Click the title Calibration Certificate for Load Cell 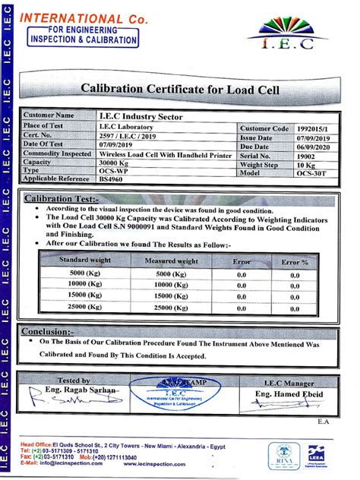tap(180, 90)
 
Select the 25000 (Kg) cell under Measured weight tap(171, 307)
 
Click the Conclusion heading tap(48, 331)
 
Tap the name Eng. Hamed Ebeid tap(289, 395)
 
